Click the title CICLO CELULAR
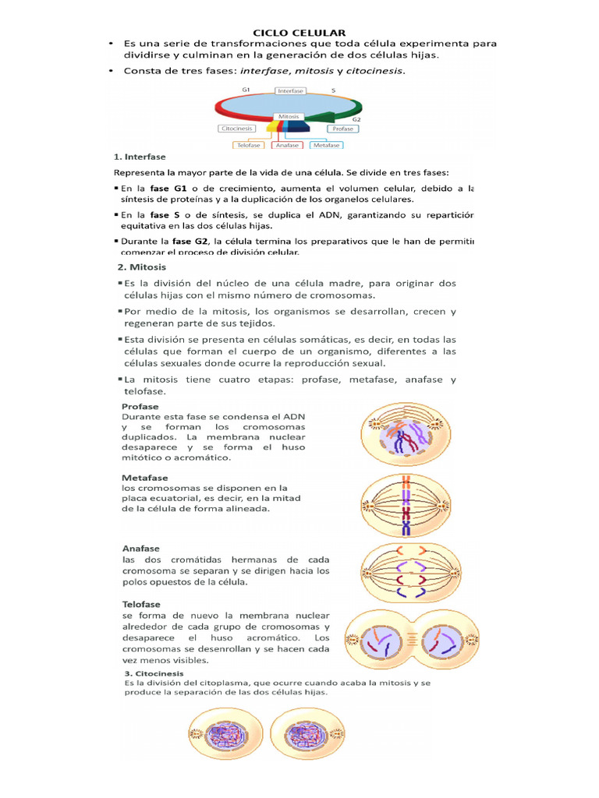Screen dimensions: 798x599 click(299, 32)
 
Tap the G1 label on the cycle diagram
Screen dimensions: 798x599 click(246, 90)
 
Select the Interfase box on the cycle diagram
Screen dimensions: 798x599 click(290, 90)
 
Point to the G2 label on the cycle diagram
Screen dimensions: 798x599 click(356, 120)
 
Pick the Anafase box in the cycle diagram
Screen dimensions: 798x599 click(289, 145)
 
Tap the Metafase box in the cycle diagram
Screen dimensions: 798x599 click(326, 145)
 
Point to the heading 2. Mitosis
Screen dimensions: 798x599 click(140, 267)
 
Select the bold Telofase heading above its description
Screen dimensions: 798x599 click(141, 604)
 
